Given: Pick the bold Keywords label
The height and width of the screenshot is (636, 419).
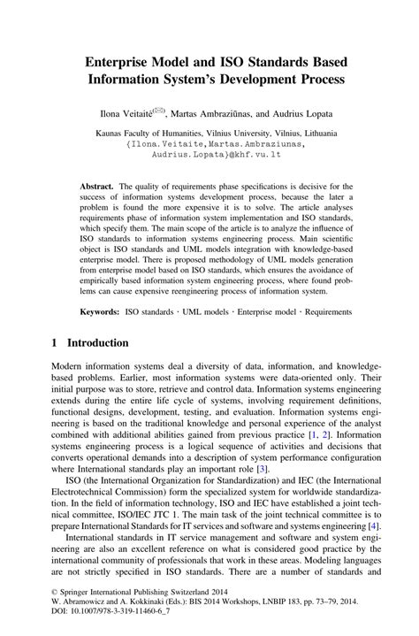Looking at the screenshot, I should point(100,312).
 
